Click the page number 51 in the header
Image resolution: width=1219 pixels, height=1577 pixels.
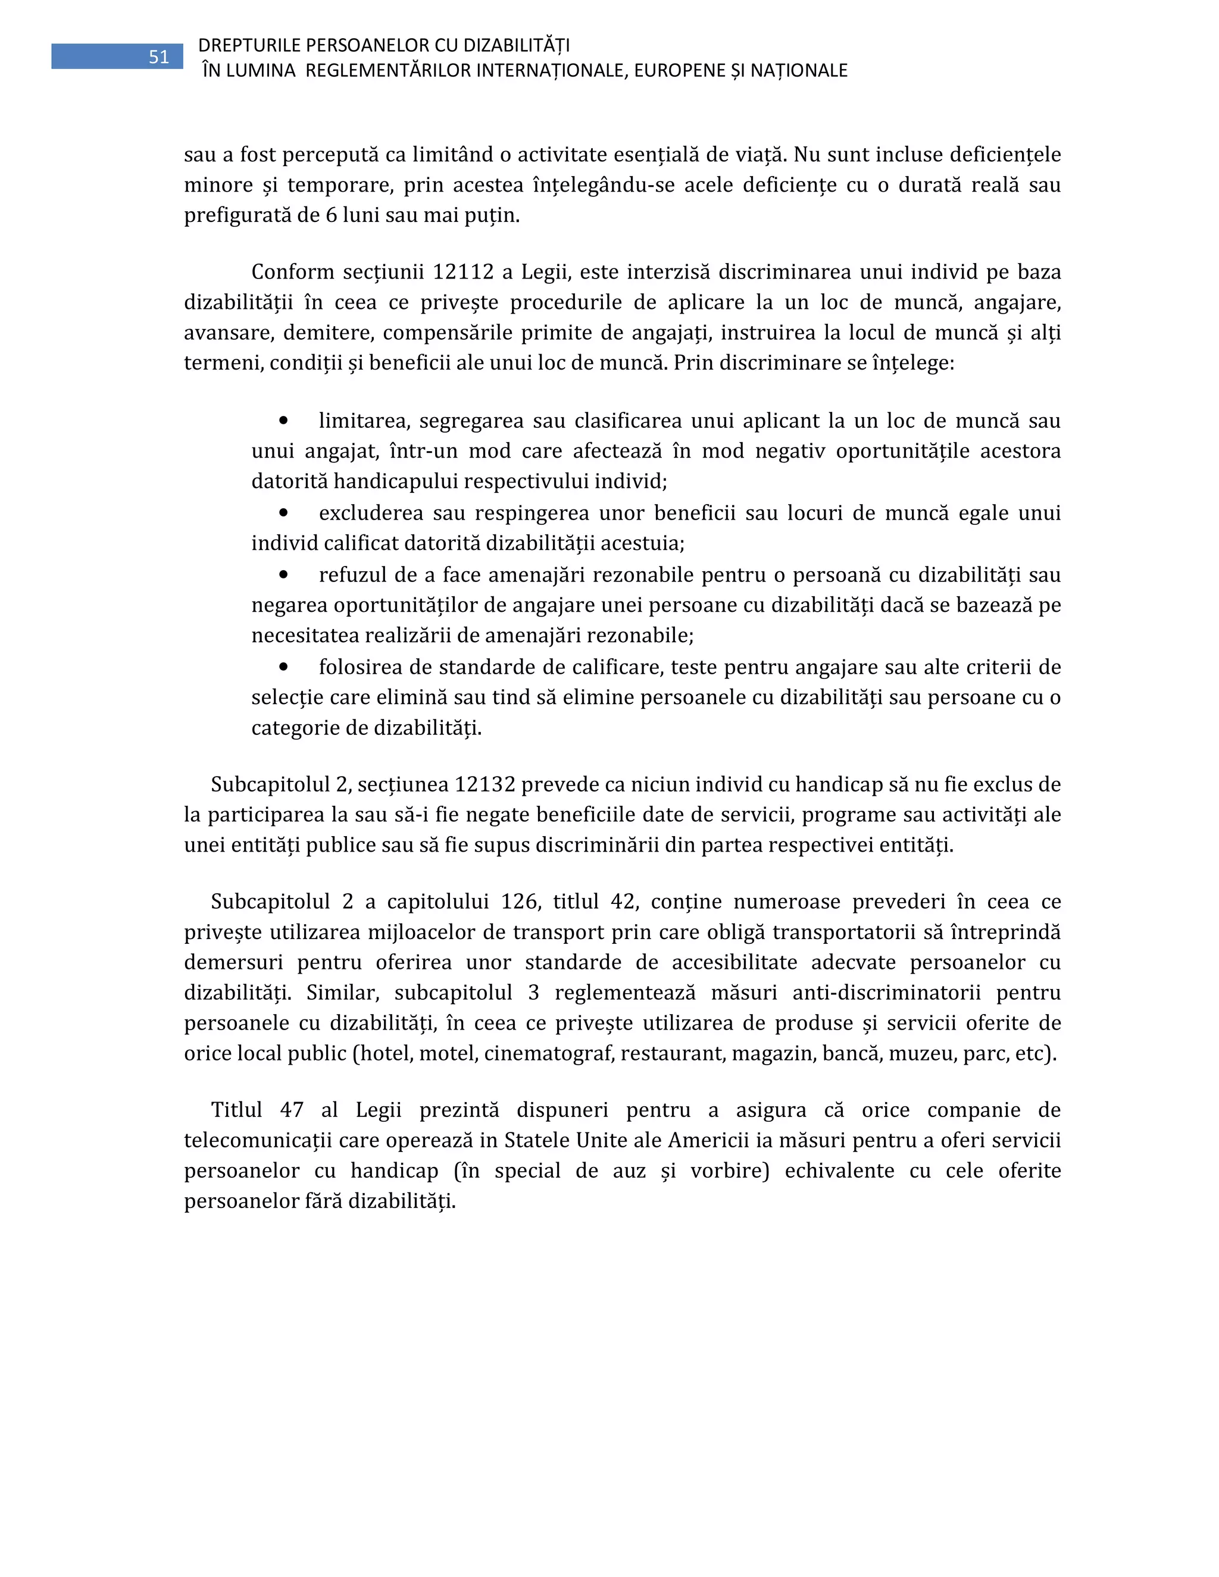[159, 57]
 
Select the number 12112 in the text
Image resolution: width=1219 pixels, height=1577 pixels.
[463, 272]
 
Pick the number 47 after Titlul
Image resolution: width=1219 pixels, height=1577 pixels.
[292, 1110]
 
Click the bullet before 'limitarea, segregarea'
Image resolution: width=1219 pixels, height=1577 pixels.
[284, 420]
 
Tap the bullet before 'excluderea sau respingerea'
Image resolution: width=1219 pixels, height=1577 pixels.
[284, 512]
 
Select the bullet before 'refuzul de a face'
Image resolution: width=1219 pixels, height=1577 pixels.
[284, 575]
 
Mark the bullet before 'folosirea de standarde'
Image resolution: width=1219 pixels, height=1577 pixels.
[284, 667]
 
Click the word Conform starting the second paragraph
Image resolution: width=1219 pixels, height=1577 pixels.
[292, 272]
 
